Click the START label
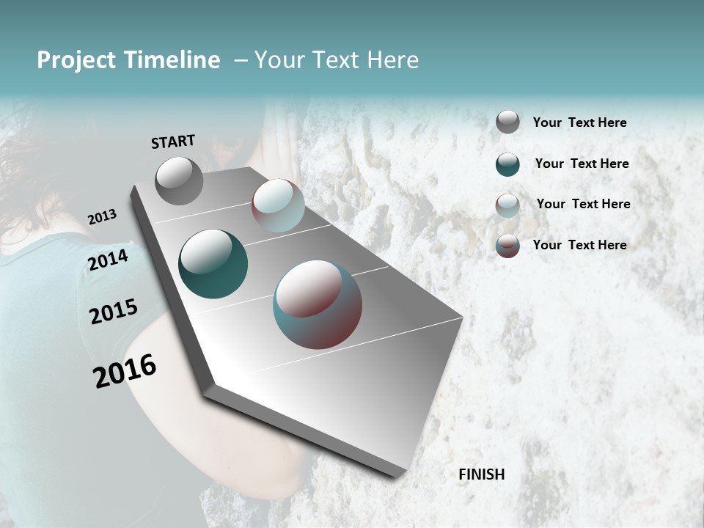173,142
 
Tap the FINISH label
481,474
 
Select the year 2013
102,217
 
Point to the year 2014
109,260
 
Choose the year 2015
114,312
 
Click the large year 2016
125,371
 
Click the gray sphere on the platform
179,180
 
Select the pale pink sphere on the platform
278,205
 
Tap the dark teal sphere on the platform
213,264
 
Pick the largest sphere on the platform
318,304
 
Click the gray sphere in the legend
507,122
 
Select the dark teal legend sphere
507,164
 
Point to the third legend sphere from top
507,205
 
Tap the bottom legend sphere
507,246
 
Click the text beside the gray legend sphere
579,122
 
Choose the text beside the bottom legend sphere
579,245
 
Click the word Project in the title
77,60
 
